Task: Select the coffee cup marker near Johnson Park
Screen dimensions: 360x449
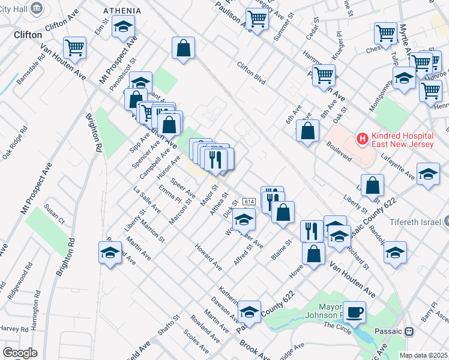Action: [355, 312]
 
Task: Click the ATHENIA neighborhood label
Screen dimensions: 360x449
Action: [122, 11]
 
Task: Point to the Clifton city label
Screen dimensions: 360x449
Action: [28, 35]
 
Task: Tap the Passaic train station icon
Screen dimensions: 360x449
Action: [409, 331]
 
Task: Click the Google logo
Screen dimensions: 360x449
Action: [20, 352]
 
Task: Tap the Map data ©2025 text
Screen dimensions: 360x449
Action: [423, 355]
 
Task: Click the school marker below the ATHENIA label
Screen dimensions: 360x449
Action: [123, 28]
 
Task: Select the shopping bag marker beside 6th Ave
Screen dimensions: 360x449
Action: [307, 131]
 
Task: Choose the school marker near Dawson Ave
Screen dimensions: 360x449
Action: [249, 312]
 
